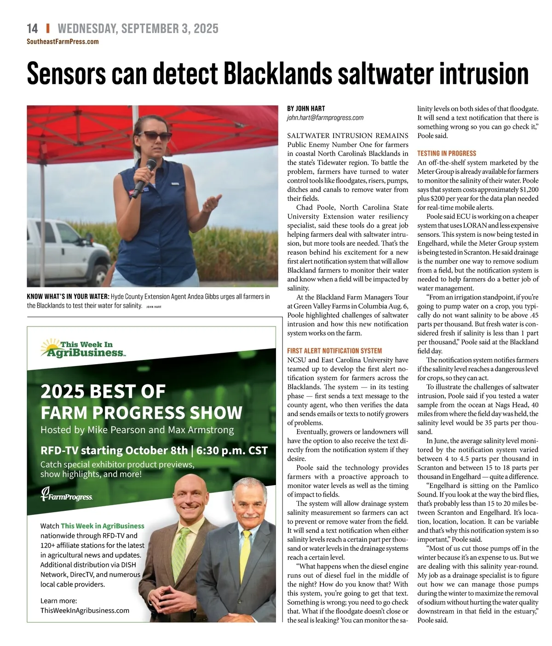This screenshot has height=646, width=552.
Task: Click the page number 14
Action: [32, 29]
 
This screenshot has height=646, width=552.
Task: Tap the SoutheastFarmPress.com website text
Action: [63, 41]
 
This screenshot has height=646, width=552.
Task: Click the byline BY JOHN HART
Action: [306, 109]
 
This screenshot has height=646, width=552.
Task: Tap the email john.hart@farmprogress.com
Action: [325, 118]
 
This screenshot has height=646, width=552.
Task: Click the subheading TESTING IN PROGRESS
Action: [447, 153]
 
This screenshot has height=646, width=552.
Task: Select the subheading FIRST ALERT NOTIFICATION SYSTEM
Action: [334, 350]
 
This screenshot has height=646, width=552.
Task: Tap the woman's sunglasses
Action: [155, 136]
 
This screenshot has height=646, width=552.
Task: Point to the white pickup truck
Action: [64, 253]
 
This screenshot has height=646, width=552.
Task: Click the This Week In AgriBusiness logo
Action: [83, 349]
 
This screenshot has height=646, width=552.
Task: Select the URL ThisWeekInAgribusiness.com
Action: [85, 611]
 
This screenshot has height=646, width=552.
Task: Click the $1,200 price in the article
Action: [529, 189]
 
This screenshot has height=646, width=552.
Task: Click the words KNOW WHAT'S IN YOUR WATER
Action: [68, 297]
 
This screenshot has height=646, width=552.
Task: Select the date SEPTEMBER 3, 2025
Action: [170, 29]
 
